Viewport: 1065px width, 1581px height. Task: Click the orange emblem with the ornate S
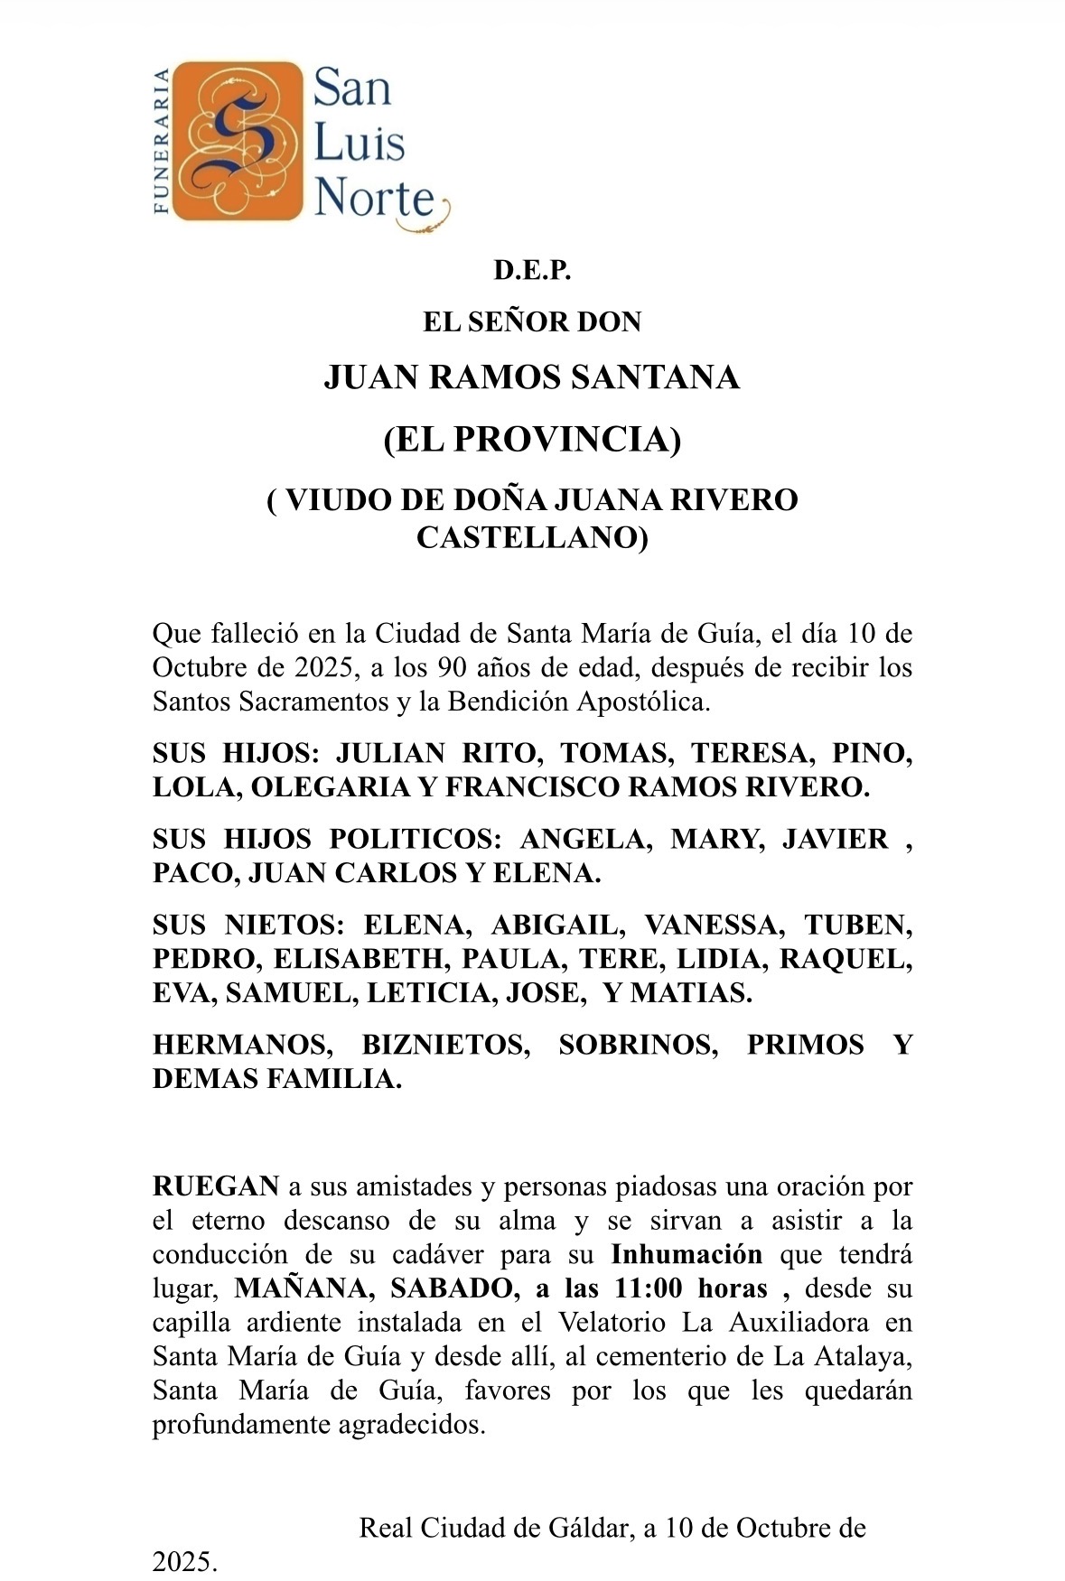click(x=238, y=141)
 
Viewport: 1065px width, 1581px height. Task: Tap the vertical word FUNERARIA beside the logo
click(x=162, y=141)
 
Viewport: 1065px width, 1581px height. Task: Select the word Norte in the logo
click(x=374, y=197)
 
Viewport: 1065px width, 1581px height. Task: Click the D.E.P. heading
click(x=532, y=270)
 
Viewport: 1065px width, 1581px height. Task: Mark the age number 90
click(x=453, y=668)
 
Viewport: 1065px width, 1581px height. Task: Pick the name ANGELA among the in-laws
click(x=585, y=839)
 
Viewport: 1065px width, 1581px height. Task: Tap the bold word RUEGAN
click(x=216, y=1186)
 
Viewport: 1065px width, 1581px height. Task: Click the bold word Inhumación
click(x=687, y=1254)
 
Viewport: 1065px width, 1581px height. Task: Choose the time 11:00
click(x=647, y=1288)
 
